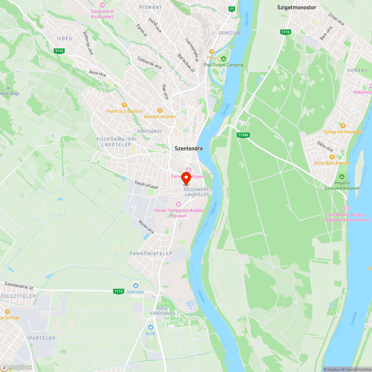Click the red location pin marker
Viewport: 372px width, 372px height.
tap(186, 178)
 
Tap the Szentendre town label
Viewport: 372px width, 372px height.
tap(189, 148)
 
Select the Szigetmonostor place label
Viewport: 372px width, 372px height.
tap(296, 7)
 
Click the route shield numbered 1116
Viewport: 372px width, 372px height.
tap(59, 51)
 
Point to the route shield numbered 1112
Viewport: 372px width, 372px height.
tap(119, 291)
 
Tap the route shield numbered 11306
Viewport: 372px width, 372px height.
tap(243, 135)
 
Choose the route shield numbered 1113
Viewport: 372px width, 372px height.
tap(285, 32)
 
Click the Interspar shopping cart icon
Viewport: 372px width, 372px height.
tap(136, 286)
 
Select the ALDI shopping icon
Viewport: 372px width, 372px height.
tap(151, 327)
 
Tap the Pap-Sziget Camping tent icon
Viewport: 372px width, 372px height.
tap(224, 59)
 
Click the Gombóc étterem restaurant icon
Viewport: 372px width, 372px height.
tap(160, 110)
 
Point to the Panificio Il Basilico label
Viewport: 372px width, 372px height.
tap(125, 111)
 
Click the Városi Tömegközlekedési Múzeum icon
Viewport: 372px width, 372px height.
tap(179, 204)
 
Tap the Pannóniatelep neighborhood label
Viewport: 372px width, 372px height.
tap(151, 253)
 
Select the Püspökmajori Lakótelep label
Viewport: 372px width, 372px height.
tap(116, 142)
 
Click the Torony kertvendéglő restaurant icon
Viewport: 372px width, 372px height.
tap(343, 126)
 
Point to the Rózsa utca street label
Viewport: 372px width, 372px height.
tap(146, 227)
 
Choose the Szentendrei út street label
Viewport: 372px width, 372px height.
tap(19, 285)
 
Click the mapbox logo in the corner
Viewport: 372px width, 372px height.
tap(16, 367)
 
